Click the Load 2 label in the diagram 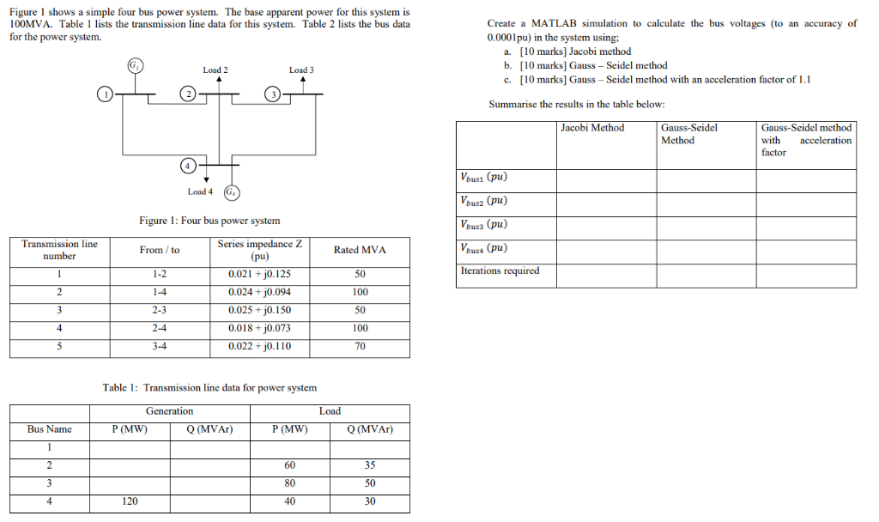(215, 70)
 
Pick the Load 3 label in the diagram (301, 70)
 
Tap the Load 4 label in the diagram (200, 191)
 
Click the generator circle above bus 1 (134, 66)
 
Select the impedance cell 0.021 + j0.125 (259, 275)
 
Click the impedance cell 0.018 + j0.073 (259, 328)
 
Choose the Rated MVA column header (360, 250)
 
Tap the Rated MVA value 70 (360, 346)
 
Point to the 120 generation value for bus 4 (130, 501)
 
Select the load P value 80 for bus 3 (289, 483)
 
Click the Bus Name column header (50, 429)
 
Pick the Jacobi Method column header (592, 128)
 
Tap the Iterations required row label (500, 270)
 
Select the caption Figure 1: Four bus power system (209, 221)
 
